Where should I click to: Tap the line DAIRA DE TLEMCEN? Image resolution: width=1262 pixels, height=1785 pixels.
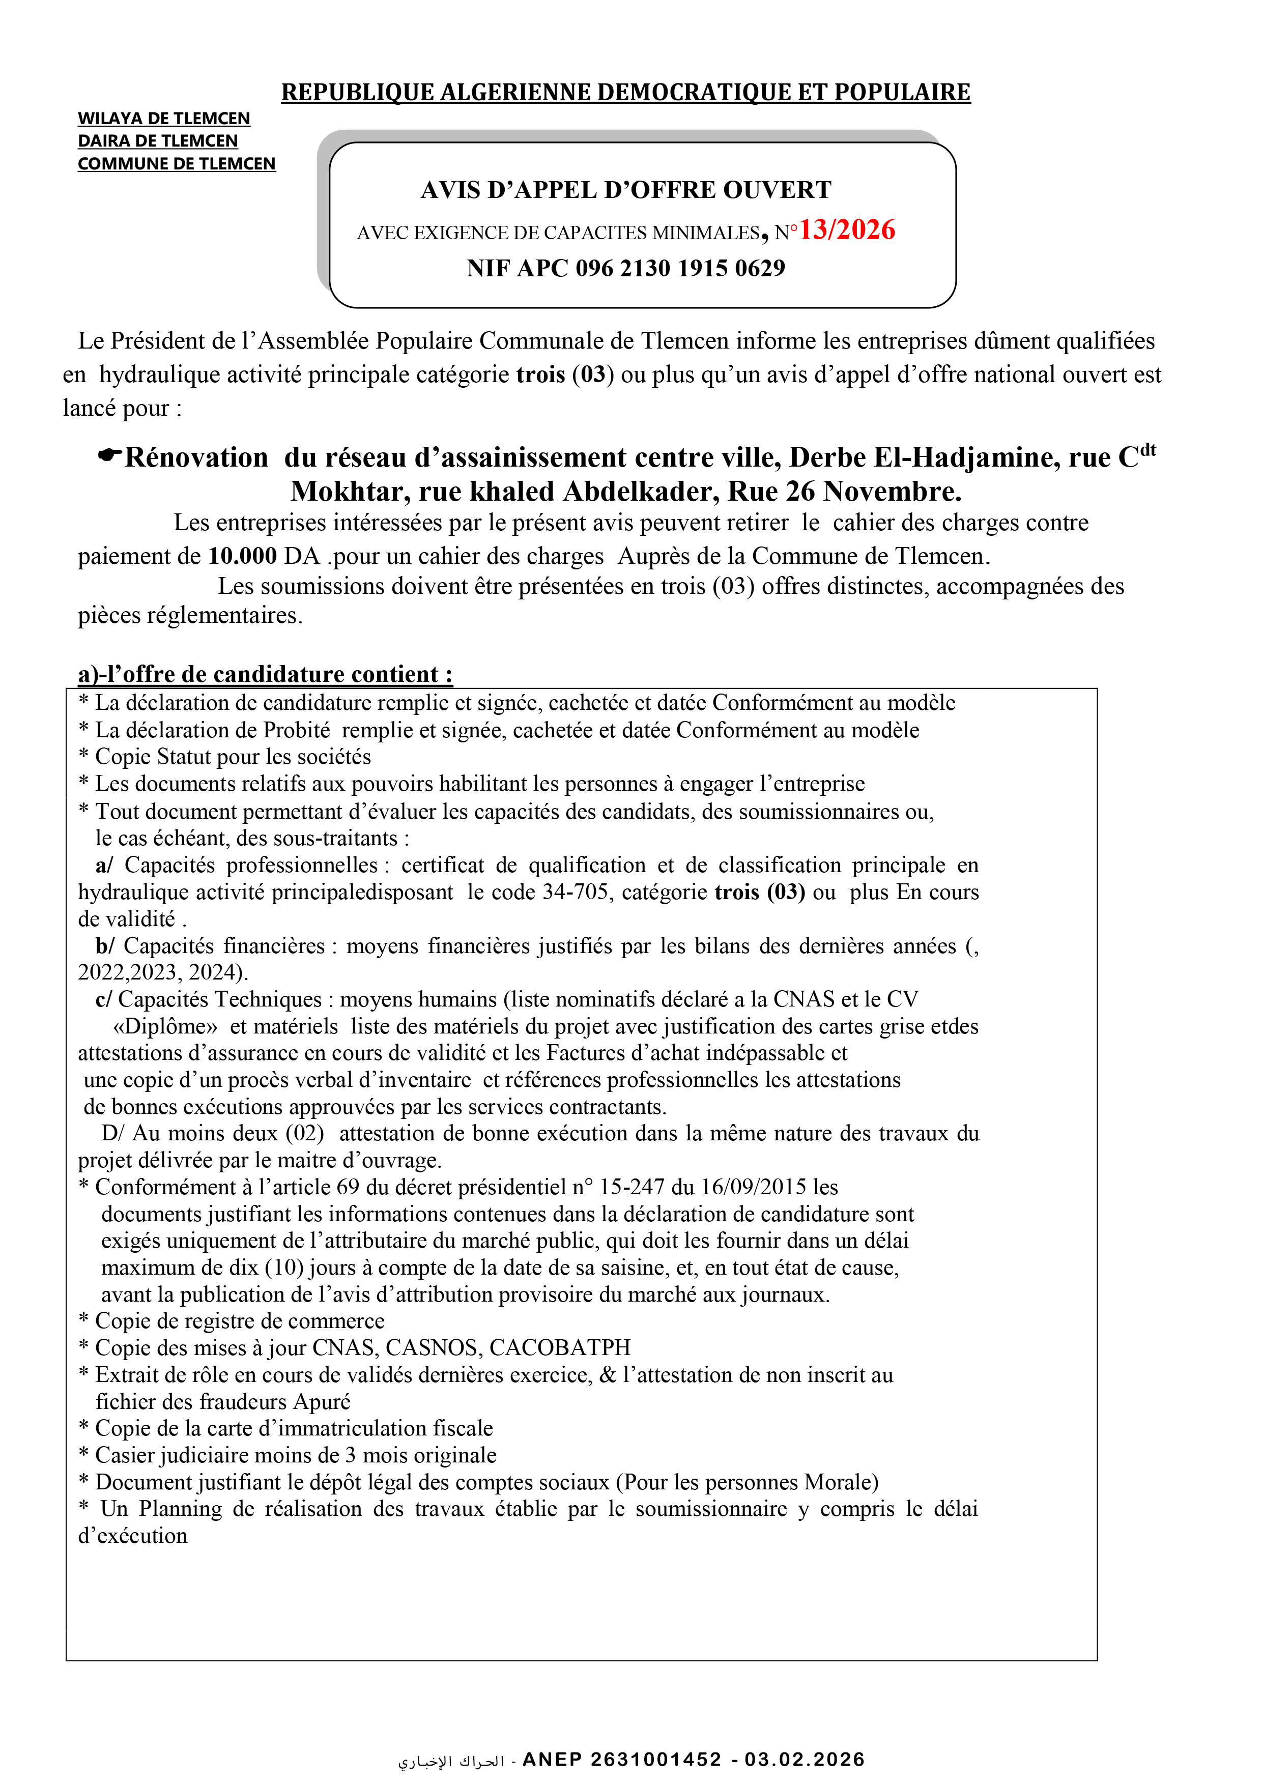click(x=157, y=141)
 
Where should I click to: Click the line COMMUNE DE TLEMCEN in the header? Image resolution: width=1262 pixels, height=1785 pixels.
click(x=177, y=163)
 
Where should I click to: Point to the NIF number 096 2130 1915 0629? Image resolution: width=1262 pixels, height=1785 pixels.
click(x=680, y=268)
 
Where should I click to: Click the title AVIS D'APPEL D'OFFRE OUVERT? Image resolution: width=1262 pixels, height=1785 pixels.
click(x=626, y=190)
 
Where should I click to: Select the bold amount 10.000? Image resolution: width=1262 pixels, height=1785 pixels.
click(x=243, y=556)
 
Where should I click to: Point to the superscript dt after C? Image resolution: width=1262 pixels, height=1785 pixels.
click(x=1148, y=450)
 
